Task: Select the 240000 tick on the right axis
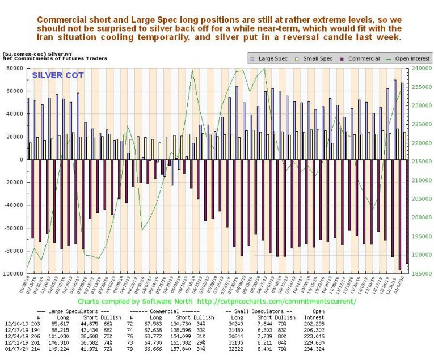tap(419, 69)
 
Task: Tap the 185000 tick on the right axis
tap(419, 274)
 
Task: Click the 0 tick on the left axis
tap(23, 160)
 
